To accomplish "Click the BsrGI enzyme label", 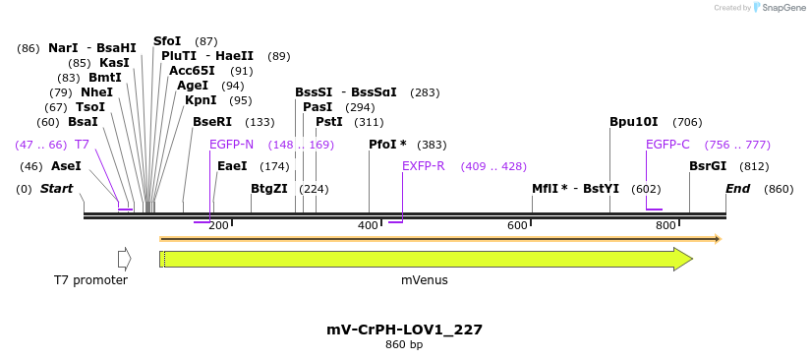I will click(708, 166).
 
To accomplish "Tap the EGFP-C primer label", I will click(667, 145).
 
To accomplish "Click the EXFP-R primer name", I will click(424, 166).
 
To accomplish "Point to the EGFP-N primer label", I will click(231, 145).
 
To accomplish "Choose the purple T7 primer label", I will click(82, 145).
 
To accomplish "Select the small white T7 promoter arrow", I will click(124, 259).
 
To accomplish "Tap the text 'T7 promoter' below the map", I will click(90, 280).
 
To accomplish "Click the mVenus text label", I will click(425, 280).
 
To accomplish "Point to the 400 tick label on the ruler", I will click(368, 226).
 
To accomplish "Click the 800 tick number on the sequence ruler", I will click(665, 226).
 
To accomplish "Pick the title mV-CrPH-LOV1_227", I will click(404, 330).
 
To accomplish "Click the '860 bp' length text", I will click(404, 345).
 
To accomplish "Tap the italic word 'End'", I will click(738, 189).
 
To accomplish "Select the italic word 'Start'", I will click(56, 189).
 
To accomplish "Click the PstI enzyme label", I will click(329, 122).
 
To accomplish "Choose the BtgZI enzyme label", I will click(269, 189).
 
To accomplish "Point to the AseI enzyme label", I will click(66, 166).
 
